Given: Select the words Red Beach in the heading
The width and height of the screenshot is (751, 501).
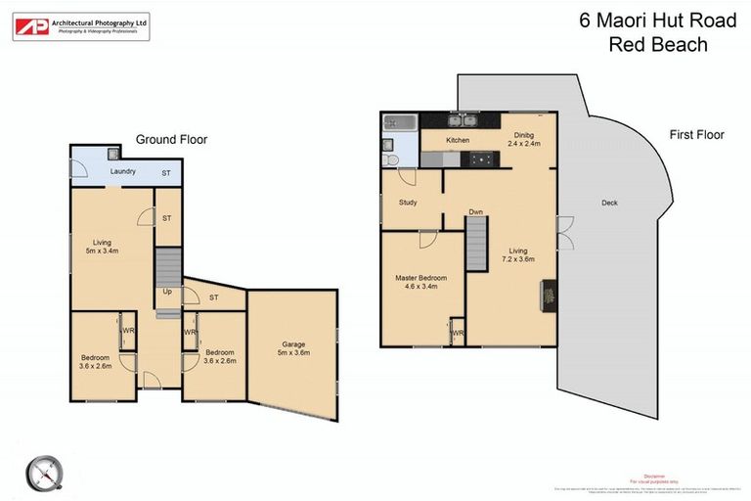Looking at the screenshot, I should (657, 44).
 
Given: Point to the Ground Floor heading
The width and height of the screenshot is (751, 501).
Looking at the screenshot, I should (171, 140).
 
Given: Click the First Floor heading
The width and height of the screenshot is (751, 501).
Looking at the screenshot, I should (696, 135).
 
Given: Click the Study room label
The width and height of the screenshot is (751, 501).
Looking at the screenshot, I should (408, 203).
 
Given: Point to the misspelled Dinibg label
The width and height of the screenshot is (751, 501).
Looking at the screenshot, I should (518, 136).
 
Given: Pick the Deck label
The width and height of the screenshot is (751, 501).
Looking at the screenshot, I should (610, 204).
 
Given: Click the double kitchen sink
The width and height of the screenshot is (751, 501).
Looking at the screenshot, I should (462, 121).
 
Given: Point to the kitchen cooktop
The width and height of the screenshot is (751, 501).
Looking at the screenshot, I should (480, 159).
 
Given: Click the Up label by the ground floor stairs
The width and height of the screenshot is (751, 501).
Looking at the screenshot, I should (167, 292).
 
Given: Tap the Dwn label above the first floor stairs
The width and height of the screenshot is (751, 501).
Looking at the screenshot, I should (475, 211).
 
